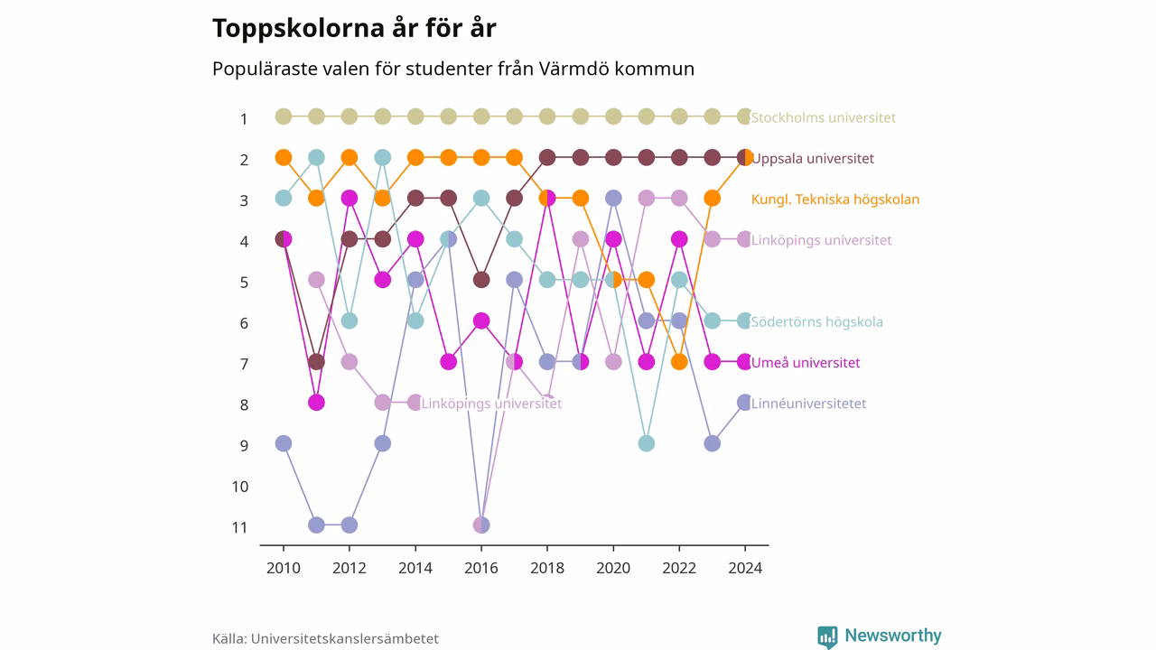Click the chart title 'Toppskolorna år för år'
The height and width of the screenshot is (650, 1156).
(354, 28)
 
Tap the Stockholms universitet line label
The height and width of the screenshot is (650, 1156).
(823, 117)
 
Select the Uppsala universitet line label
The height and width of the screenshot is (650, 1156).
(813, 158)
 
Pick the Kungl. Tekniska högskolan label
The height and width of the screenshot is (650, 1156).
(835, 200)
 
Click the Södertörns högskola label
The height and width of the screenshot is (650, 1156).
(817, 322)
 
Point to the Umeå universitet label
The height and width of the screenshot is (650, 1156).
(806, 363)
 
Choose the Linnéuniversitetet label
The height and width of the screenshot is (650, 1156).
(808, 404)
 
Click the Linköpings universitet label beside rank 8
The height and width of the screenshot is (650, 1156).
(491, 404)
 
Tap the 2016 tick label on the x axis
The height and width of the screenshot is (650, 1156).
(481, 568)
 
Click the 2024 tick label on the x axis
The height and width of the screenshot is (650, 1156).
(745, 568)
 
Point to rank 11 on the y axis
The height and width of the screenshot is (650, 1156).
(240, 528)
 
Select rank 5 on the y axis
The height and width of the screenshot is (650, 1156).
(244, 283)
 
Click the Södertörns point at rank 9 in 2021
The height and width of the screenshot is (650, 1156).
(646, 443)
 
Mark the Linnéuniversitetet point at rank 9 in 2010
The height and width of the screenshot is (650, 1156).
(284, 443)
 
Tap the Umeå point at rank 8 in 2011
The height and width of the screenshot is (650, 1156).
(316, 403)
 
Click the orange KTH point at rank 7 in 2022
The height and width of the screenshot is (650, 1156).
(679, 362)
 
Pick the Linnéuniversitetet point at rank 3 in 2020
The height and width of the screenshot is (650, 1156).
(613, 198)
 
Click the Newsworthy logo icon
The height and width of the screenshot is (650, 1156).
(827, 636)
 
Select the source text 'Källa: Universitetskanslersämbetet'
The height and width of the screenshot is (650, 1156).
(325, 638)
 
